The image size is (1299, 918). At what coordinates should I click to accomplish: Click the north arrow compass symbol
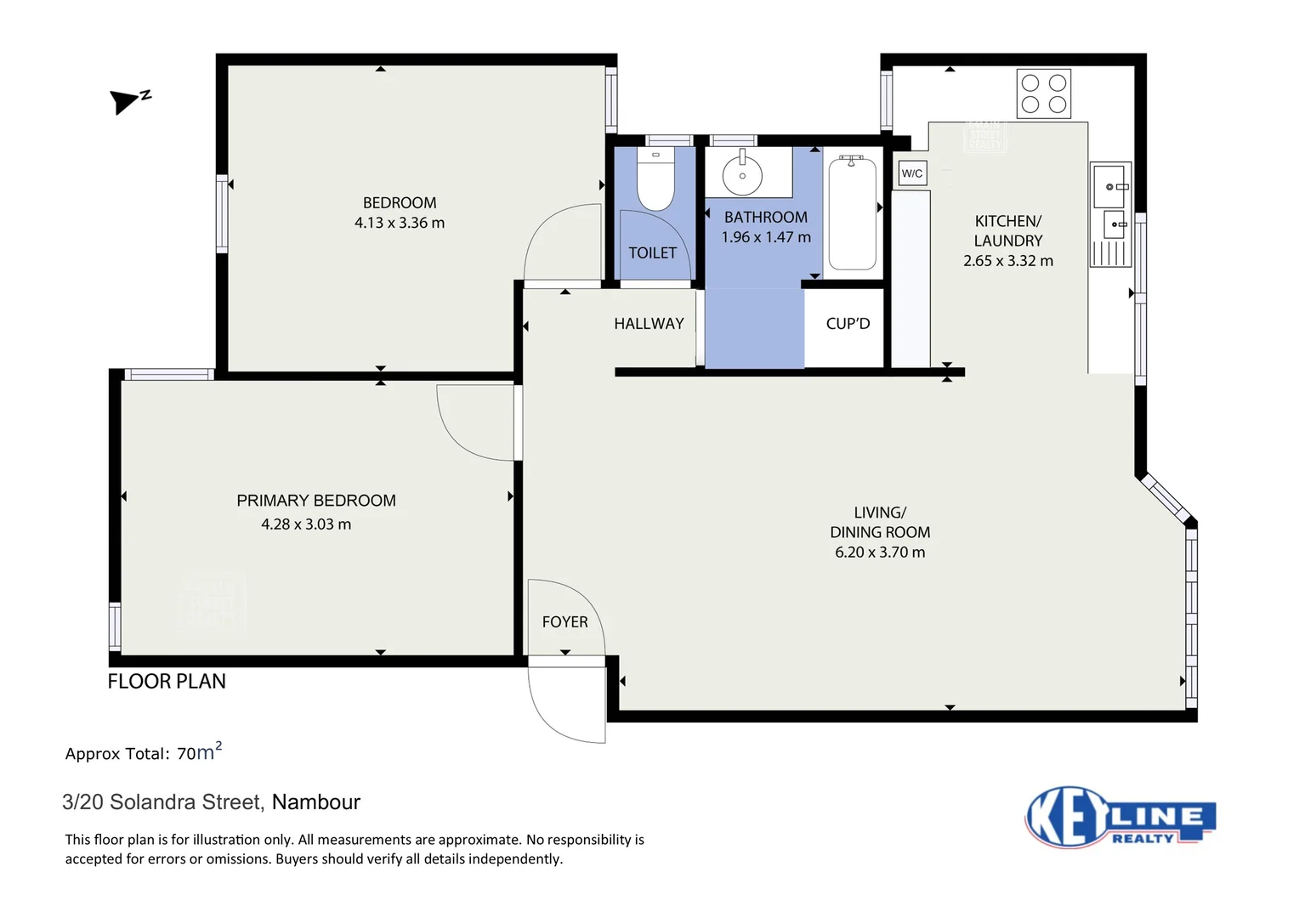(128, 101)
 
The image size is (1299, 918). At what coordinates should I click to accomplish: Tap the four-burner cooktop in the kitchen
(1043, 93)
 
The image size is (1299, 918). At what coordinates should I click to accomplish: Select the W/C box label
(912, 173)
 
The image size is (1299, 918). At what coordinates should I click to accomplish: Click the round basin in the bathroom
(742, 175)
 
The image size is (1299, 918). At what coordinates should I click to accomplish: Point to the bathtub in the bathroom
(852, 213)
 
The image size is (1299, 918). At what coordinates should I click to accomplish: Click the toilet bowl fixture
(655, 181)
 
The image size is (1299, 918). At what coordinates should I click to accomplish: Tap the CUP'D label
(848, 324)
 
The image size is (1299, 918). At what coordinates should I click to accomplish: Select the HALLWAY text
(649, 324)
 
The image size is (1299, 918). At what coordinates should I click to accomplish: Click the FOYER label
(564, 622)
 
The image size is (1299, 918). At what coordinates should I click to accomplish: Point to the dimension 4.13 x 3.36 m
(400, 223)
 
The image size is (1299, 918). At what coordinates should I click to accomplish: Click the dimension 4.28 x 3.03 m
(306, 524)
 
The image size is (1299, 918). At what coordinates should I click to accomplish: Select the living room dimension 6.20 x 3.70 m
(880, 552)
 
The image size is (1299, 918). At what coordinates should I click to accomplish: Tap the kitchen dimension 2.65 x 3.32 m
(1007, 261)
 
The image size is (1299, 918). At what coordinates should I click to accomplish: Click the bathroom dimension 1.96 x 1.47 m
(766, 237)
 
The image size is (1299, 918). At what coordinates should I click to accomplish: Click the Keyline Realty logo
(1120, 818)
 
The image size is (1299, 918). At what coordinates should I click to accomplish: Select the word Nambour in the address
(316, 802)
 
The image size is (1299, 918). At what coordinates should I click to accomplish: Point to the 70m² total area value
(199, 753)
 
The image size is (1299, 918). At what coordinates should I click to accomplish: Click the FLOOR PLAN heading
(167, 682)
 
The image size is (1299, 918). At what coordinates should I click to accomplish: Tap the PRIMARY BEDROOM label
(316, 501)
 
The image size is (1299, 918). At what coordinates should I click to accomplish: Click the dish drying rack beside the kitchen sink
(1109, 253)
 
